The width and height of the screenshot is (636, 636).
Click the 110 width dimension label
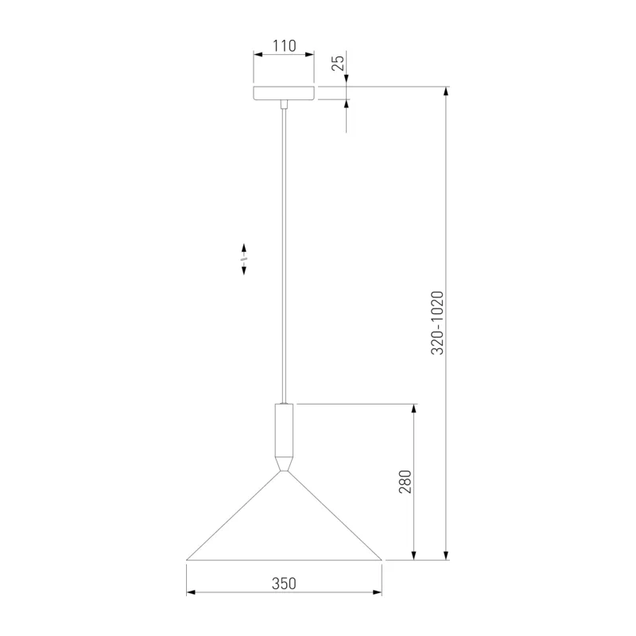pos(284,46)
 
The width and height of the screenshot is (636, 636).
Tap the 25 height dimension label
pos(338,63)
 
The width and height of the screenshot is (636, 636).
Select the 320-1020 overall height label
pos(437,323)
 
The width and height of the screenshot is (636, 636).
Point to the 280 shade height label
pos(405,482)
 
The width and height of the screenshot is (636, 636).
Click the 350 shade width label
pos(284,584)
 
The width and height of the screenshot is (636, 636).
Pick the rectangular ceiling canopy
pos(284,93)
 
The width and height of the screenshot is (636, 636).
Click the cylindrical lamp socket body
pos(284,430)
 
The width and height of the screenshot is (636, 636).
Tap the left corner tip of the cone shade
pos(187,560)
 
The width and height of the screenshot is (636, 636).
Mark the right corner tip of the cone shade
pos(382,560)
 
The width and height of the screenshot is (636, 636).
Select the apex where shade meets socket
pos(284,471)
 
